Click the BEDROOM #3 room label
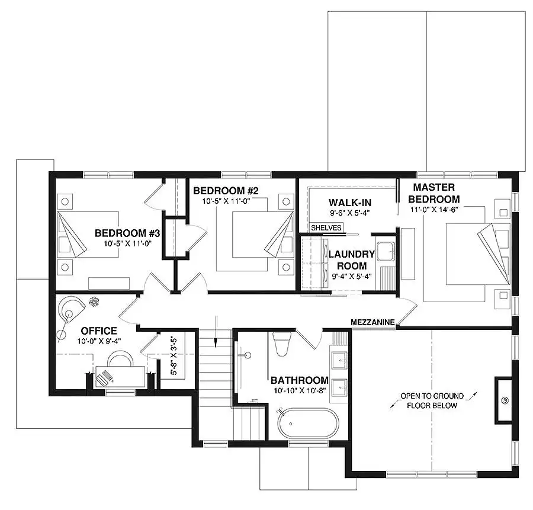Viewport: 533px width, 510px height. tap(127, 233)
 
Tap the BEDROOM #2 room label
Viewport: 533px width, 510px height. tap(226, 191)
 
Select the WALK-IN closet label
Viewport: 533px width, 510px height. tap(350, 203)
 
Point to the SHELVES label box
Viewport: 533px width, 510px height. tap(326, 227)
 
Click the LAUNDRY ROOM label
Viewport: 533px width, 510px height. tap(351, 260)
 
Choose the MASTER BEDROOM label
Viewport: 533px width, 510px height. tap(434, 193)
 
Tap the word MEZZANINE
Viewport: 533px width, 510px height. tap(373, 322)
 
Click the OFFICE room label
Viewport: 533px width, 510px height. tap(99, 331)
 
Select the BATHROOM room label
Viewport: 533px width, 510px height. tap(300, 380)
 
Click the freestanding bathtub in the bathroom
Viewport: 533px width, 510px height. tap(308, 424)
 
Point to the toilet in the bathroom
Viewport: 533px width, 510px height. tap(282, 344)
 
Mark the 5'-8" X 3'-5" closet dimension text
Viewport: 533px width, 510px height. tap(174, 355)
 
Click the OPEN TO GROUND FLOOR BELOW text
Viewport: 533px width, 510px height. tap(432, 400)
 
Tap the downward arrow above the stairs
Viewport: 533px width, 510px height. tap(216, 332)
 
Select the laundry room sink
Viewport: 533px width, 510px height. tap(386, 252)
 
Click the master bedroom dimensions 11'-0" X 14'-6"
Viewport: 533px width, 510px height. tap(434, 210)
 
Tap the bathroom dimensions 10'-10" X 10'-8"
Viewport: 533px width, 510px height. tap(300, 391)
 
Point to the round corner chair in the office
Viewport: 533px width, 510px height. tap(70, 308)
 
